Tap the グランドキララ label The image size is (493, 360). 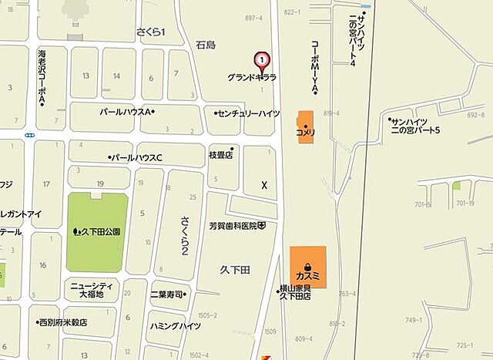(252, 78)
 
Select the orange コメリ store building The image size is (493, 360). (306, 124)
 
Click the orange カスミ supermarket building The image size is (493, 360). (307, 267)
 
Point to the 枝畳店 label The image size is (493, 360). (220, 154)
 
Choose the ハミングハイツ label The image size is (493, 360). (176, 325)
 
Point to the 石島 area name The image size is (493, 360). (206, 45)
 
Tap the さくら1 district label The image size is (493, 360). (151, 31)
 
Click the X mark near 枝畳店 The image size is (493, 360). (264, 186)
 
